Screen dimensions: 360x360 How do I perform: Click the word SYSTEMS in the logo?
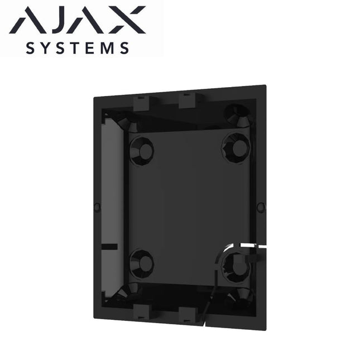79,48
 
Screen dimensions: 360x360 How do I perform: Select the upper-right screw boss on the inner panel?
236,147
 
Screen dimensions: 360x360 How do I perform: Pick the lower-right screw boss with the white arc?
237,266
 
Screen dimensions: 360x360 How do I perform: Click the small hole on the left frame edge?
97,207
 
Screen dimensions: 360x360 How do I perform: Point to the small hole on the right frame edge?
260,207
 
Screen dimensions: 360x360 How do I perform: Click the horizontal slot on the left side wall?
111,246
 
